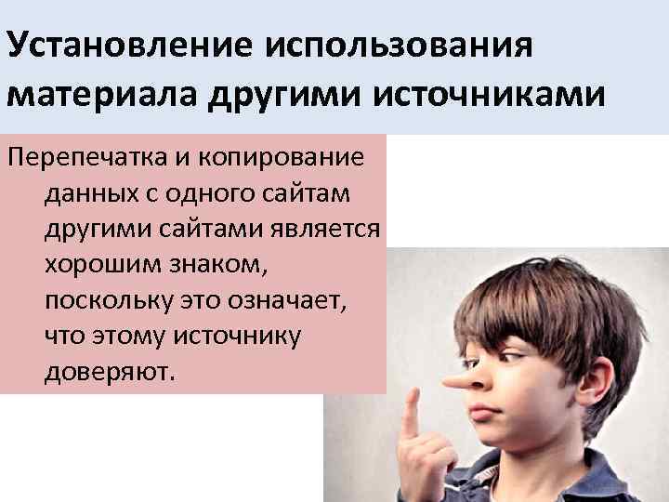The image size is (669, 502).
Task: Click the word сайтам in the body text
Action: tap(328, 193)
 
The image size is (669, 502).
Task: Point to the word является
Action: tap(328, 229)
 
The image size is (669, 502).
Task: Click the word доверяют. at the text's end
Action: tap(109, 372)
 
